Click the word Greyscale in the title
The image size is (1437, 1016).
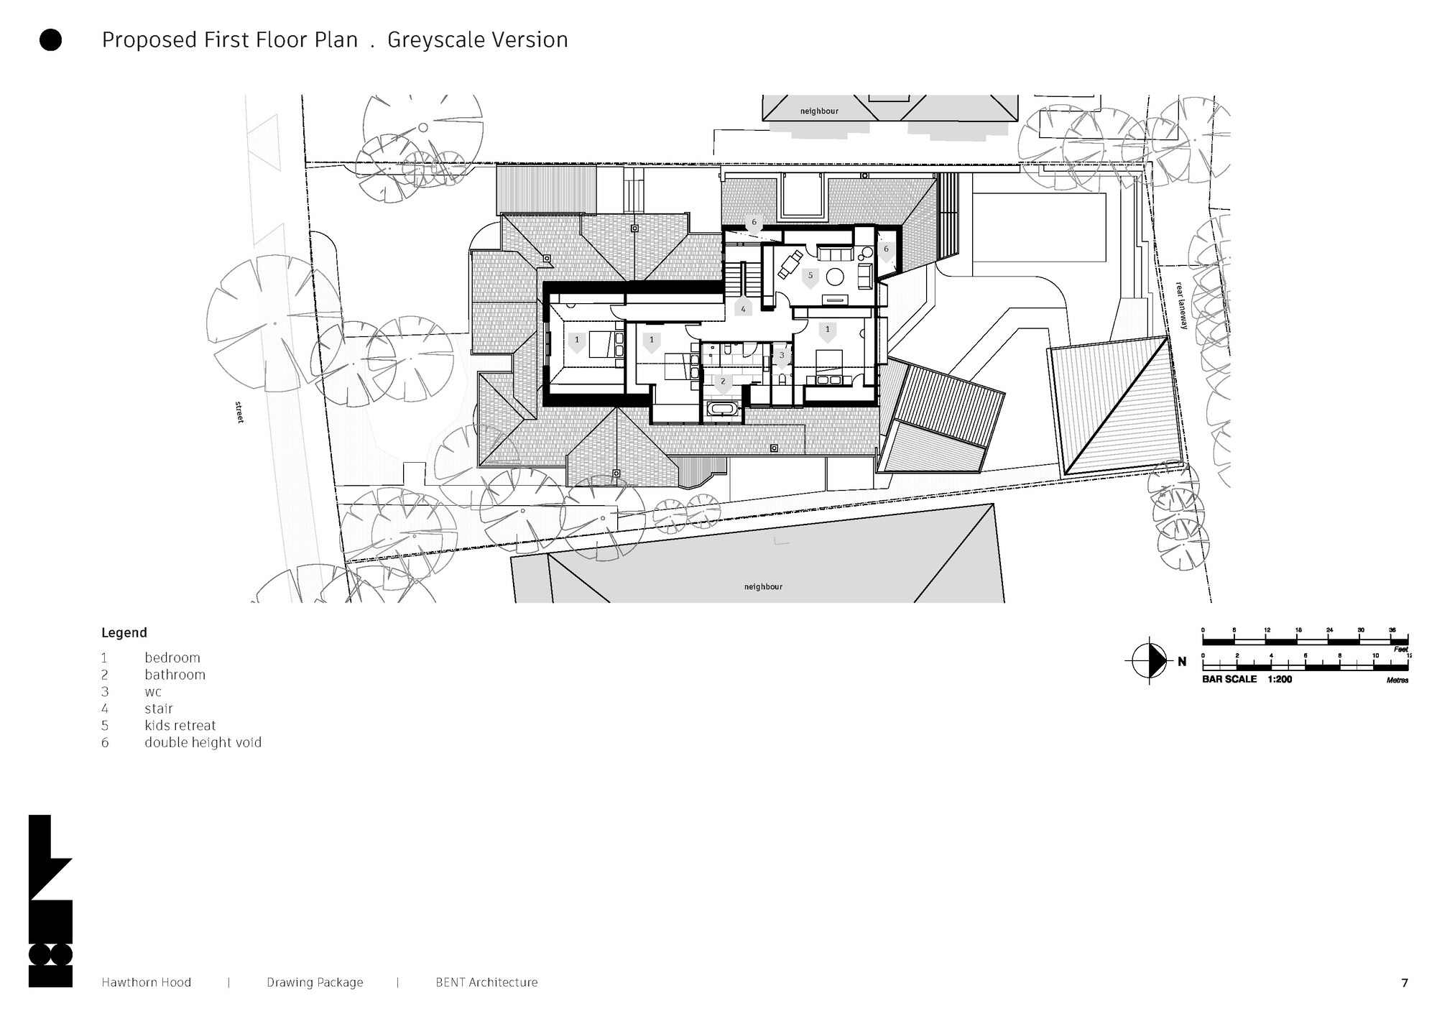(433, 40)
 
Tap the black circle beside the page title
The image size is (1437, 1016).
(50, 40)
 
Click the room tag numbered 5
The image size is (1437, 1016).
(810, 276)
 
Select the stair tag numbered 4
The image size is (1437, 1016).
(743, 310)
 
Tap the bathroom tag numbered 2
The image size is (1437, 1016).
(723, 382)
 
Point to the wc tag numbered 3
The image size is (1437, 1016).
(782, 356)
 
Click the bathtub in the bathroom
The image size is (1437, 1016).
(721, 410)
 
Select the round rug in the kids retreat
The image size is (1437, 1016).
(836, 276)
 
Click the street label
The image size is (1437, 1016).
(239, 412)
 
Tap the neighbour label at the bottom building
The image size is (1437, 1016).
(763, 587)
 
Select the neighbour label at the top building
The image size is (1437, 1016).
(819, 111)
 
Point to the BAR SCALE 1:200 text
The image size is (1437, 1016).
(1247, 679)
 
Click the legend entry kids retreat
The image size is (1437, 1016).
(180, 726)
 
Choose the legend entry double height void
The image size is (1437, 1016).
(203, 743)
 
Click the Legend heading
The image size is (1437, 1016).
(124, 633)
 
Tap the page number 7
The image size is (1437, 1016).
(1405, 983)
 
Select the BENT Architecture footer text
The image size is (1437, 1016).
(486, 982)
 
